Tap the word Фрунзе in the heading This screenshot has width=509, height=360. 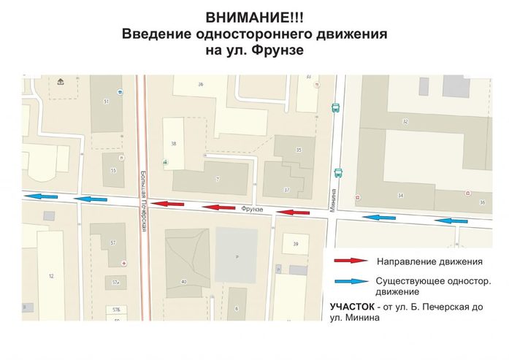pyautogui.click(x=277, y=51)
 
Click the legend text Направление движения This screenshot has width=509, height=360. pyautogui.click(x=419, y=261)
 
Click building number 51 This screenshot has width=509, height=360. pyautogui.click(x=107, y=102)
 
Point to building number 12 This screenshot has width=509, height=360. pyautogui.click(x=50, y=276)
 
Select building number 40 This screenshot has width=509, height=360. pyautogui.click(x=183, y=281)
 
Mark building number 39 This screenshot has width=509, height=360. pyautogui.click(x=295, y=243)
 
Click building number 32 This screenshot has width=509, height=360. pyautogui.click(x=405, y=121)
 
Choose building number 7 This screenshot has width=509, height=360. pyautogui.click(x=218, y=179)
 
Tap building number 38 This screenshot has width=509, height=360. pyautogui.click(x=174, y=144)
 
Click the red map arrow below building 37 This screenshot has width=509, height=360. pyautogui.click(x=295, y=212)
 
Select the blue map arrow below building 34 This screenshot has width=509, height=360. pyautogui.click(x=380, y=217)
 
